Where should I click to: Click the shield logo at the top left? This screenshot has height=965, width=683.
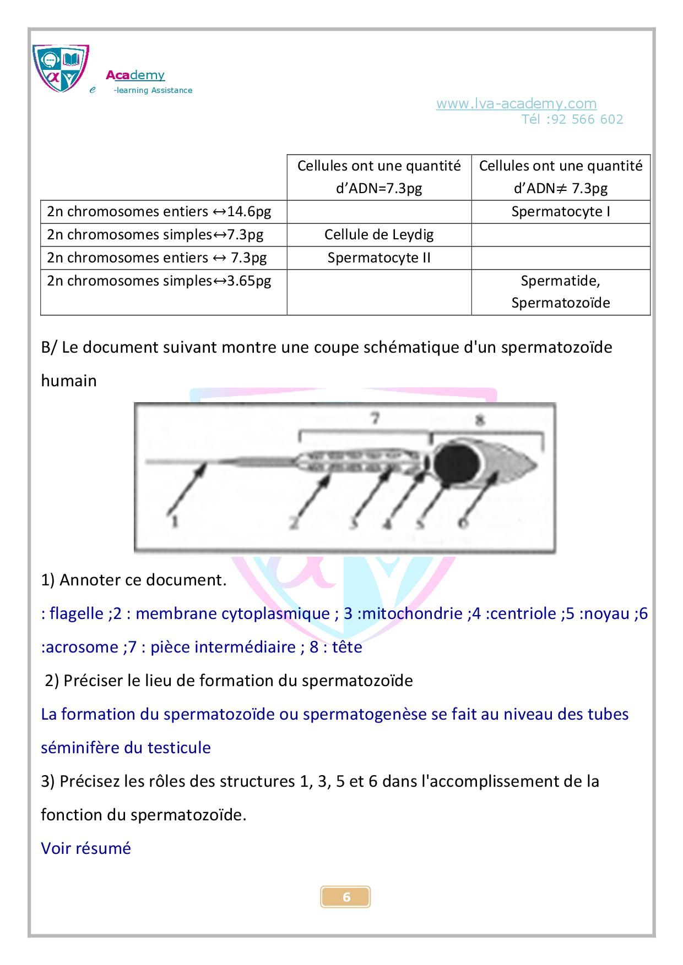[61, 68]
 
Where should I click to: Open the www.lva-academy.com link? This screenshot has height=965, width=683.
[516, 103]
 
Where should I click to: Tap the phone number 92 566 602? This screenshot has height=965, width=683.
[587, 119]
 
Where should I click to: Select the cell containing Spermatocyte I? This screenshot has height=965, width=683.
[560, 212]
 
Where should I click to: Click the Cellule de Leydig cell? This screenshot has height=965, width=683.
[379, 235]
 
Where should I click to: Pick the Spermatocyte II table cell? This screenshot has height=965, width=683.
[379, 258]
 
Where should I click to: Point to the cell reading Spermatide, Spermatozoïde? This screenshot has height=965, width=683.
[560, 292]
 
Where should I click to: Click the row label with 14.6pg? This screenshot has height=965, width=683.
[159, 212]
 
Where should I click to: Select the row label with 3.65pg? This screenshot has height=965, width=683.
[159, 281]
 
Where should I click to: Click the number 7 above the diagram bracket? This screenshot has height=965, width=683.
[375, 419]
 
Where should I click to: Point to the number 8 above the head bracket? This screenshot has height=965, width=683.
[480, 420]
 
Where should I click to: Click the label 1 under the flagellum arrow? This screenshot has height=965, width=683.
[174, 520]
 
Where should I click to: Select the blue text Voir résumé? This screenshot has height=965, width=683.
[86, 848]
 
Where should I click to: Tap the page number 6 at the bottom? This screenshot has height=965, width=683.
[346, 897]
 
